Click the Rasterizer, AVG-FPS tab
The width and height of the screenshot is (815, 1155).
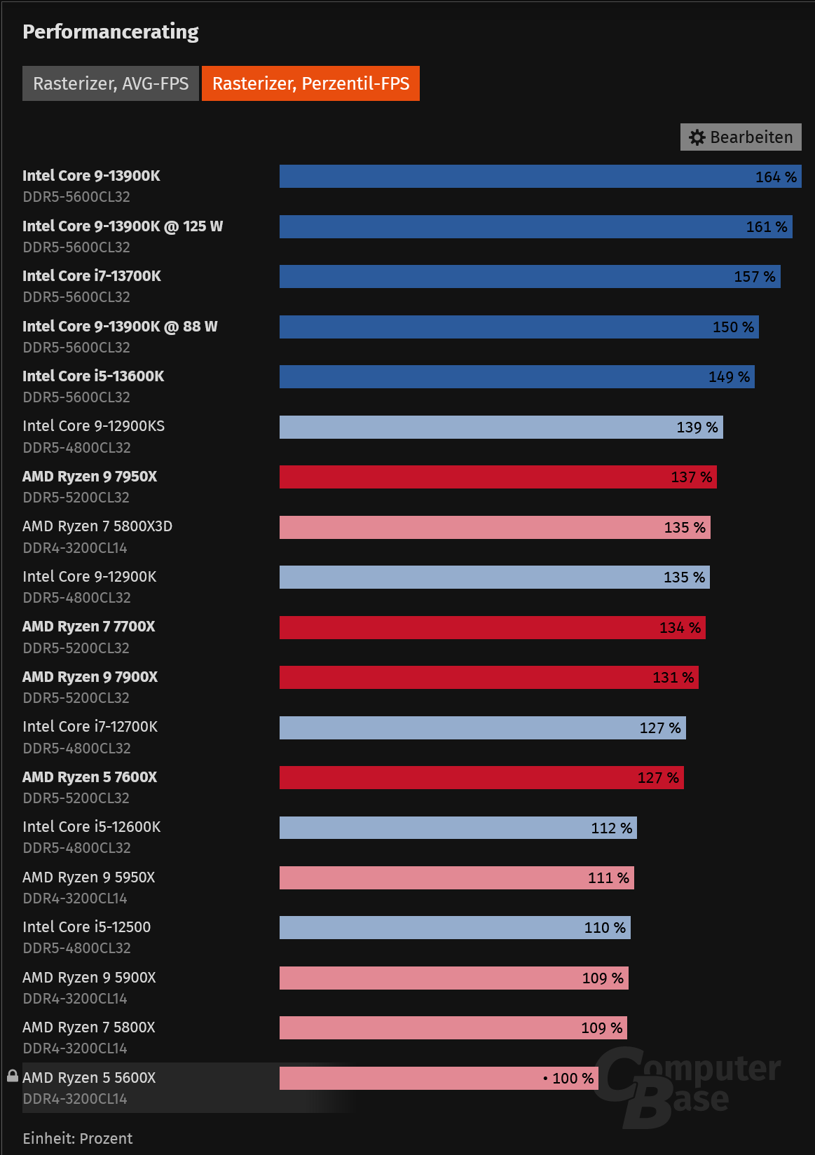click(x=111, y=83)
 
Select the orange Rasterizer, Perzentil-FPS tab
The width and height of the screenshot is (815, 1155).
click(x=310, y=83)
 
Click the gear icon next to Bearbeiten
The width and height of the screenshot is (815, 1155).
click(x=697, y=137)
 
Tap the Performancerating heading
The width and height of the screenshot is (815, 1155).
click(x=111, y=32)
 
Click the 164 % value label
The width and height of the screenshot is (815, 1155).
click(x=775, y=177)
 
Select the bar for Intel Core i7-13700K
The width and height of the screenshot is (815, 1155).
click(x=529, y=277)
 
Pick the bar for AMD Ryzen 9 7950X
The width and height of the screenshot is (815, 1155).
click(x=498, y=477)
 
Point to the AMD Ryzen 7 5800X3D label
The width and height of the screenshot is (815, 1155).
click(x=97, y=526)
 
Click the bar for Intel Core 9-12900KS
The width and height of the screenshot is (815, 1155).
click(x=501, y=428)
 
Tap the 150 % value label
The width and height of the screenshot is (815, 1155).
click(x=733, y=327)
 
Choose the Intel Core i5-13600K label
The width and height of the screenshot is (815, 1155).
click(x=93, y=376)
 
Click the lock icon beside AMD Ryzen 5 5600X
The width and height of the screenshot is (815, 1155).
click(x=13, y=1076)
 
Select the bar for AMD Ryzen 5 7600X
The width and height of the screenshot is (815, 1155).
click(x=481, y=778)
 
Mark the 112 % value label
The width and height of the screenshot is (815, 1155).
click(x=611, y=828)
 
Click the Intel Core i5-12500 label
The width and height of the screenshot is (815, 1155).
click(x=86, y=927)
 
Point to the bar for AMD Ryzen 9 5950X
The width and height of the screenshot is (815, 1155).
click(x=456, y=878)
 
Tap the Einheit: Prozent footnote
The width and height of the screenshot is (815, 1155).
click(x=77, y=1138)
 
